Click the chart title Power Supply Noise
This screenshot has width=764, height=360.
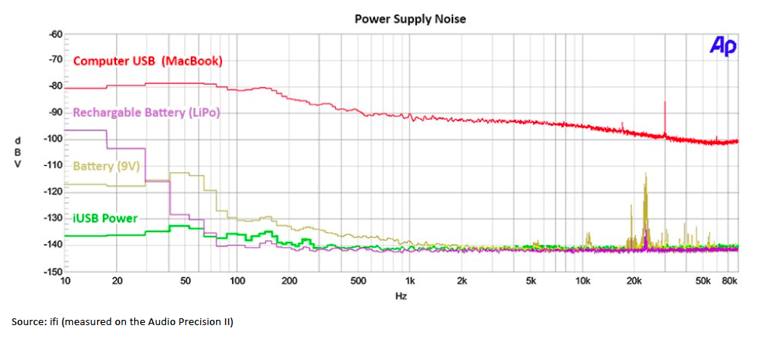tap(410, 19)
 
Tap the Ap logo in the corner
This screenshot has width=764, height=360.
tap(723, 46)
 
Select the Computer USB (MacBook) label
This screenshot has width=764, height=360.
tap(148, 61)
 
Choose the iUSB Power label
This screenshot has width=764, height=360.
tap(105, 218)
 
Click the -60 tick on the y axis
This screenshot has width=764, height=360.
tap(55, 34)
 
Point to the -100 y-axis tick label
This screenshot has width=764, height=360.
tap(52, 139)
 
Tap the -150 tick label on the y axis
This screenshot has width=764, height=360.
tap(52, 271)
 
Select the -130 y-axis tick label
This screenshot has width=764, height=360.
tap(52, 218)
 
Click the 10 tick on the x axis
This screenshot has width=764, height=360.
tap(65, 281)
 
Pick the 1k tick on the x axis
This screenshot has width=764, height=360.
tap(409, 281)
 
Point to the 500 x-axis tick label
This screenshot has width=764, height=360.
tap(358, 281)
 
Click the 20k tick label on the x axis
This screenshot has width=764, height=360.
tap(634, 281)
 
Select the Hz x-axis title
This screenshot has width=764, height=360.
tap(402, 296)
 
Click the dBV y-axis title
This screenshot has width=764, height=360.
tap(19, 152)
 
